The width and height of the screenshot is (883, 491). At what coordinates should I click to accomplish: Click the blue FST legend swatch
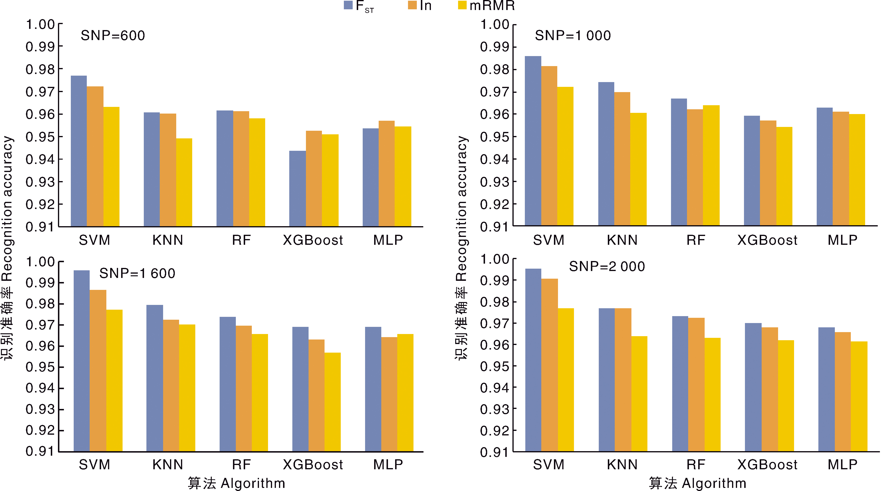348,5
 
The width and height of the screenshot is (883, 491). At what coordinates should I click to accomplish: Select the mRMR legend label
492,5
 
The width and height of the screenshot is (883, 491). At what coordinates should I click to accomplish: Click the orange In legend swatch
412,5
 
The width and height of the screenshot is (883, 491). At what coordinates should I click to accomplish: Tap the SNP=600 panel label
113,36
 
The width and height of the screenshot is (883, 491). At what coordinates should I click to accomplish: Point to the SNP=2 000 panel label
607,266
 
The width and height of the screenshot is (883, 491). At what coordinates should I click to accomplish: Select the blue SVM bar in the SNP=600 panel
79,151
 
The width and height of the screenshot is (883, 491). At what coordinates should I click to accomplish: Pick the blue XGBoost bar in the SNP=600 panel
297,188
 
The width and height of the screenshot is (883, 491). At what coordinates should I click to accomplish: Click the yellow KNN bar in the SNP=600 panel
184,183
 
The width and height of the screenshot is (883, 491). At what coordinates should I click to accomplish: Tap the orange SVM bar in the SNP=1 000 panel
549,146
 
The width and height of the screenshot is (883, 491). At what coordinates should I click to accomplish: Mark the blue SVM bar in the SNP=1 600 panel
82,361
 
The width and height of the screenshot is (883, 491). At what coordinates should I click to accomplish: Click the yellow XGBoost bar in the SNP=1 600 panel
332,402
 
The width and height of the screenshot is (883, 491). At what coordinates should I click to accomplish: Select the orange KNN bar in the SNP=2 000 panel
623,380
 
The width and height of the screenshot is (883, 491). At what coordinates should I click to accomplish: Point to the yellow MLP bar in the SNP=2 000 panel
859,396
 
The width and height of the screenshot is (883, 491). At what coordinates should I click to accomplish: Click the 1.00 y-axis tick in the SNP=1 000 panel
494,25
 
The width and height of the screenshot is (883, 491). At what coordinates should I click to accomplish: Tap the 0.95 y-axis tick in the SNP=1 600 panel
40,367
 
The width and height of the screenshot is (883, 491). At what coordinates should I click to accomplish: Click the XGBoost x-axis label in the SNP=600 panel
313,240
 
